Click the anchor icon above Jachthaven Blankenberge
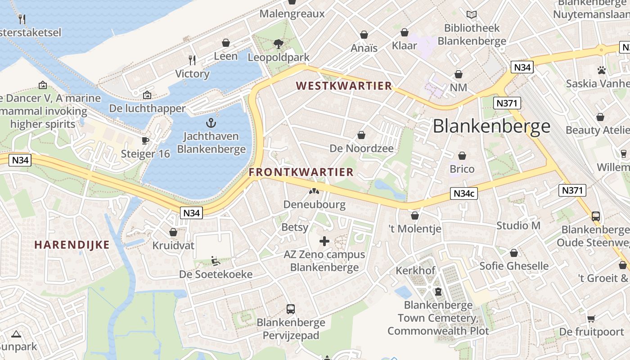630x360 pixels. point(211,122)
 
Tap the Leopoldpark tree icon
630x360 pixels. point(279,44)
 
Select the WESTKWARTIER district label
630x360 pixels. point(344,86)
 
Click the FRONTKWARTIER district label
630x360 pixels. point(301,172)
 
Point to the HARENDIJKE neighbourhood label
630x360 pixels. point(72,245)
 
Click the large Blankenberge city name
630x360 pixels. point(491,126)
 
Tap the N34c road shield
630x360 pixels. point(463,193)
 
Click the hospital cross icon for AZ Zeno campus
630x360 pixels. point(324,241)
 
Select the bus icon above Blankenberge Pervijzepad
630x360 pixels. point(291,309)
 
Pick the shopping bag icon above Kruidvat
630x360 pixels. point(173,233)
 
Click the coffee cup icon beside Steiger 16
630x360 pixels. point(145,140)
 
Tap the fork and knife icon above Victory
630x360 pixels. point(193,60)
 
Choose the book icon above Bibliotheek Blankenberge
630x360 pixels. point(472,15)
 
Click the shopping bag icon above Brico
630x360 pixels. point(462,156)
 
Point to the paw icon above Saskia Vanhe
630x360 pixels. point(602,70)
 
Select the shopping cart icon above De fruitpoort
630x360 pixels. point(591,319)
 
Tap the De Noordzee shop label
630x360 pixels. point(361,148)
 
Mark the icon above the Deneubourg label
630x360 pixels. point(314,191)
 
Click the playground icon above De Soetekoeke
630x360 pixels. point(216,261)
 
